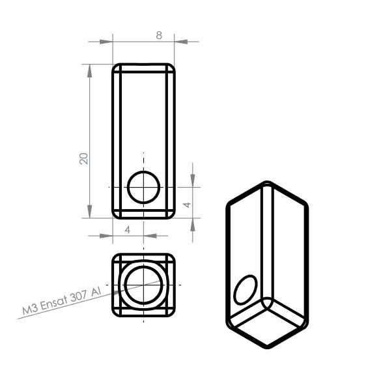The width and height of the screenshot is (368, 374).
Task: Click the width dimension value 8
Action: pos(158,35)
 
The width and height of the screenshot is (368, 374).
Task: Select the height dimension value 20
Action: pos(83,158)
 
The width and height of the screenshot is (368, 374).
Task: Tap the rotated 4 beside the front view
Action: pos(186,204)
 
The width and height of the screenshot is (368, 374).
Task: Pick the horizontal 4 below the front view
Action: pos(127,229)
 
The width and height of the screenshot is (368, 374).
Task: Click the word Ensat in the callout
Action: pos(55,304)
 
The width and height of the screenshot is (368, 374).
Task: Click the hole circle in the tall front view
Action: pos(143,187)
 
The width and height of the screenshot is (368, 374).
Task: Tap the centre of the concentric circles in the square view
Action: pos(143,285)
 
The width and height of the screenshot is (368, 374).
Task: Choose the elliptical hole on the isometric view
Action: pos(245,289)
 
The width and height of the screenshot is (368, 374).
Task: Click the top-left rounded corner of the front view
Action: pos(115,66)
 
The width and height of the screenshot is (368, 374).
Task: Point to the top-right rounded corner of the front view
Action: pos(172,66)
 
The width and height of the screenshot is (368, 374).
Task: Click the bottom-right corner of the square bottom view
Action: pos(172,314)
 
